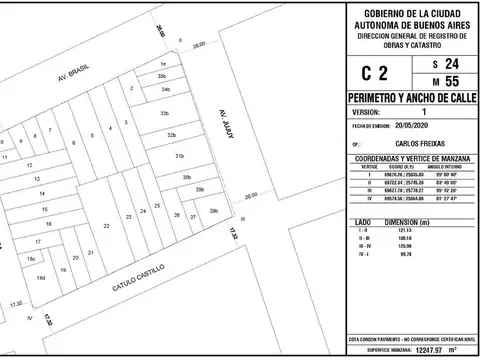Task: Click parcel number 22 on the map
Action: coord(106,228)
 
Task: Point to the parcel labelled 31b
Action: coord(181,157)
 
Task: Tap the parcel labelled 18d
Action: coord(42,277)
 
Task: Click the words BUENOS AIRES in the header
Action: coord(410,21)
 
